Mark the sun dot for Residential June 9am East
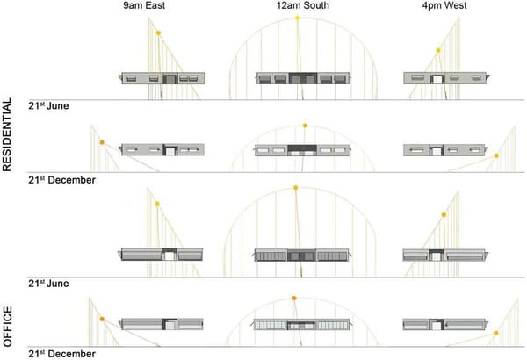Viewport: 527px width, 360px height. (x=158, y=33)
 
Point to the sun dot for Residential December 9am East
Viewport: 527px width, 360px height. (x=102, y=142)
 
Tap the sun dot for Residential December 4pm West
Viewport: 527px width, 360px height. (x=496, y=156)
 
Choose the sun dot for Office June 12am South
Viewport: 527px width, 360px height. (x=296, y=187)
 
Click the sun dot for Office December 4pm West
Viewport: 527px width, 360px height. (x=496, y=334)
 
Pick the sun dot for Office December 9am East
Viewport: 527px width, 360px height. (x=102, y=320)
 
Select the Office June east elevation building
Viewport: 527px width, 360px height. (x=162, y=255)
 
